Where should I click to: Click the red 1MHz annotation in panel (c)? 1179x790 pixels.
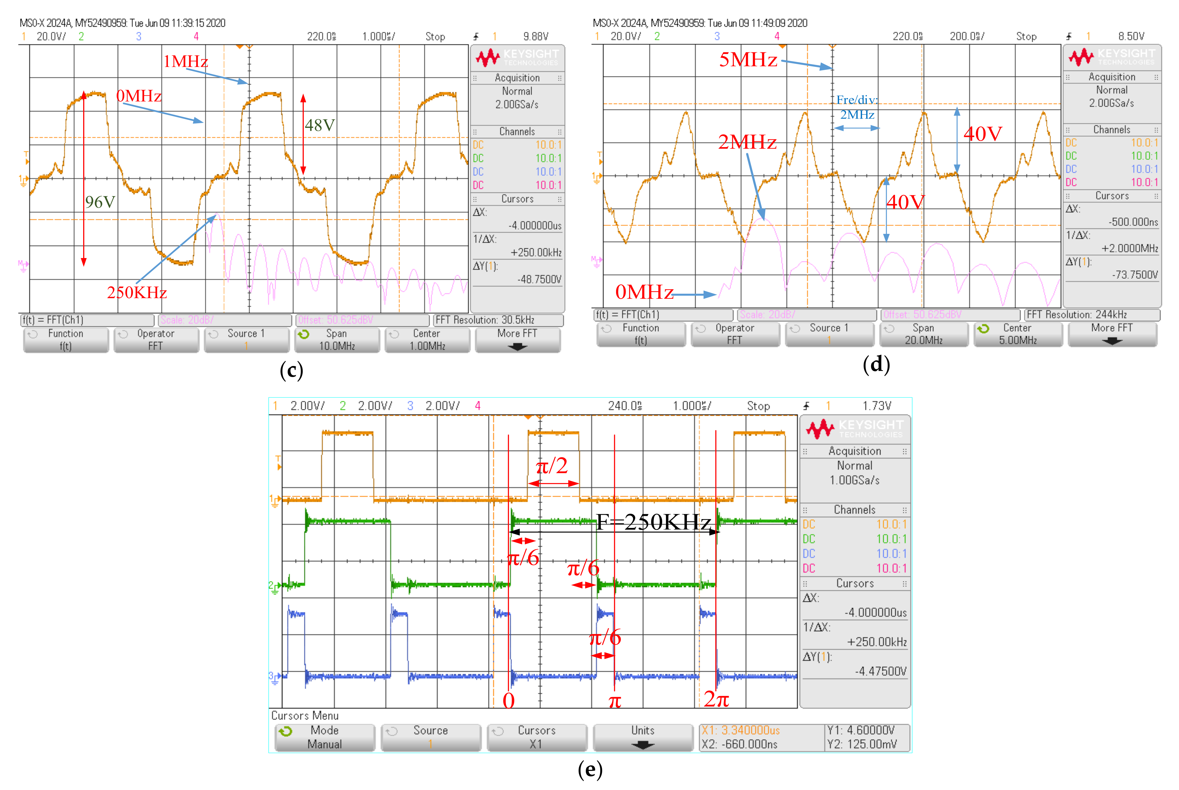pyautogui.click(x=185, y=61)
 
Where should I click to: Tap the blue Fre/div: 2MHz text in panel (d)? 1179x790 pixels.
pyautogui.click(x=857, y=107)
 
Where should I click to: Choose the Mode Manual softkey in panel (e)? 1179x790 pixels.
pyautogui.click(x=325, y=737)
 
